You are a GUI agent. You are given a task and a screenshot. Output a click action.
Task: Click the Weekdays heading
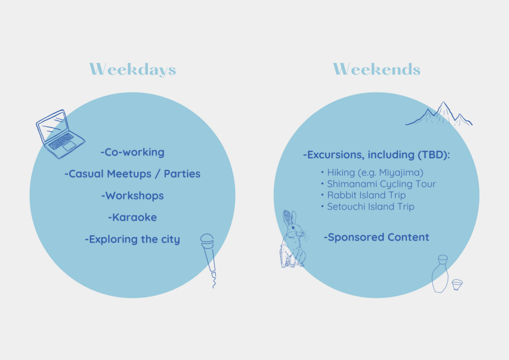[133, 70]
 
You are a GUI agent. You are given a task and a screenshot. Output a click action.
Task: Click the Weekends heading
[377, 70]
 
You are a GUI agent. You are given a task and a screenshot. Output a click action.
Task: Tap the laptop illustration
[60, 134]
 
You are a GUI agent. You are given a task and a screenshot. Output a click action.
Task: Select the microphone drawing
[208, 257]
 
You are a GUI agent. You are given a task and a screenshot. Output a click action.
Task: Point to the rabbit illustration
[293, 240]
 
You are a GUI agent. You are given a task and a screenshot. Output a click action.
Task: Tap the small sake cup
[457, 285]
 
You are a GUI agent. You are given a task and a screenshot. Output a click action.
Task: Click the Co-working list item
[132, 152]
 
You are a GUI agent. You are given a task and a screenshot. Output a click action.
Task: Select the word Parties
[182, 174]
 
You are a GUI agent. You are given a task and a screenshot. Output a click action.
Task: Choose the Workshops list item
[132, 196]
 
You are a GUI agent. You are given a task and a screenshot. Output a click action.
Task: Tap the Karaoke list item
[132, 217]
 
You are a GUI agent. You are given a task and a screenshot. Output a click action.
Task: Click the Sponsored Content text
[377, 237]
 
